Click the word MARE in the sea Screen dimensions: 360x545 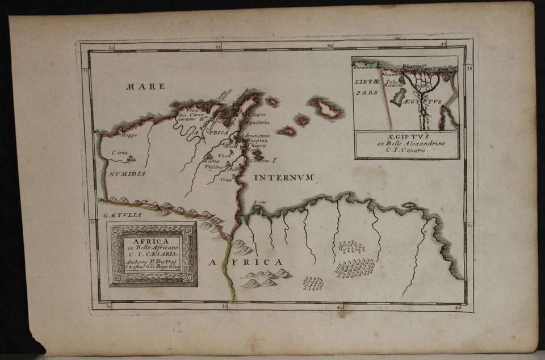pos(145,87)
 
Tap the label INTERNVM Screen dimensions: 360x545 pos(284,178)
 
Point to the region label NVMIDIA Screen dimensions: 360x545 pos(128,174)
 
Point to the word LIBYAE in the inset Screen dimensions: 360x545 pos(367,82)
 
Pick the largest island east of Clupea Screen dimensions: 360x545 pos(325,107)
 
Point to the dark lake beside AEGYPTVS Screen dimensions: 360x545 pos(401,97)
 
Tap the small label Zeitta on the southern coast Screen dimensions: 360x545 pos(259,202)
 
